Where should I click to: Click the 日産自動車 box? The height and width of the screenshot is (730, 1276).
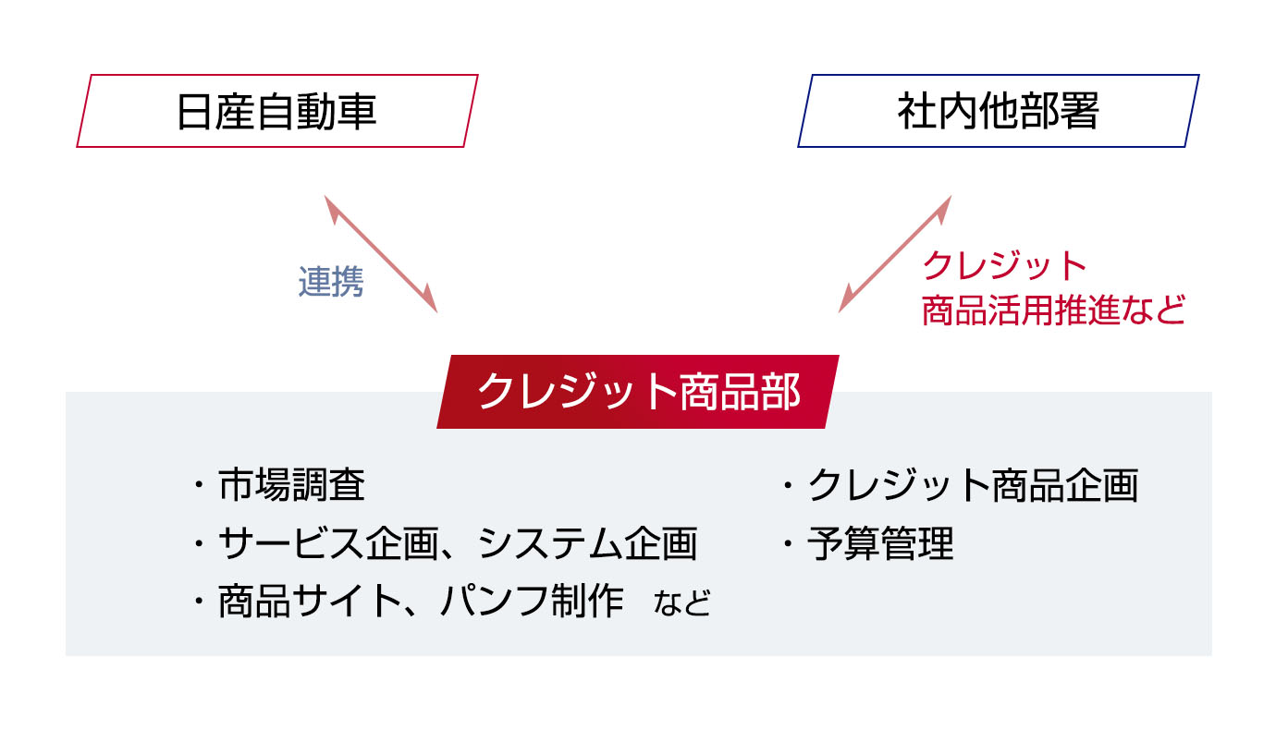(x=277, y=111)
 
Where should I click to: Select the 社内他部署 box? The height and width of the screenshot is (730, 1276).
(x=999, y=111)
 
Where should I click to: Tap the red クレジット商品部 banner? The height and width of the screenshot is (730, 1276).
(x=638, y=392)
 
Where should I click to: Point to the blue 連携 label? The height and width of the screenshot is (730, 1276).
(x=331, y=281)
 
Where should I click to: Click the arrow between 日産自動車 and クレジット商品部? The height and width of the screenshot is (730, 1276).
(x=381, y=254)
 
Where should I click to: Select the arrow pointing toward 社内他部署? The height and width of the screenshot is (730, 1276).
(x=895, y=254)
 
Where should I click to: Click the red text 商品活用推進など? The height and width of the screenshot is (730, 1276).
(x=1053, y=310)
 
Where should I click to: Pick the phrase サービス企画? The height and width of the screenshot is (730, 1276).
(x=328, y=543)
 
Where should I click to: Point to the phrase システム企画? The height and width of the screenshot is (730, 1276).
(x=587, y=543)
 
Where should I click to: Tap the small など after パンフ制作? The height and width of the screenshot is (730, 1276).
(x=682, y=603)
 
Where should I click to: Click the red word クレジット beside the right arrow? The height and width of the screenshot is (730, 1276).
(x=1004, y=266)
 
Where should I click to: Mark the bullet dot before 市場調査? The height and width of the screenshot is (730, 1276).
(x=199, y=486)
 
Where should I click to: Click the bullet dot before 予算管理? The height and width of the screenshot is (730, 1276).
(x=788, y=544)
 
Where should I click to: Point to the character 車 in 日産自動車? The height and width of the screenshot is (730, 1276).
(x=357, y=112)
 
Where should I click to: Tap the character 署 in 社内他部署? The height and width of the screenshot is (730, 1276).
(x=1079, y=112)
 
